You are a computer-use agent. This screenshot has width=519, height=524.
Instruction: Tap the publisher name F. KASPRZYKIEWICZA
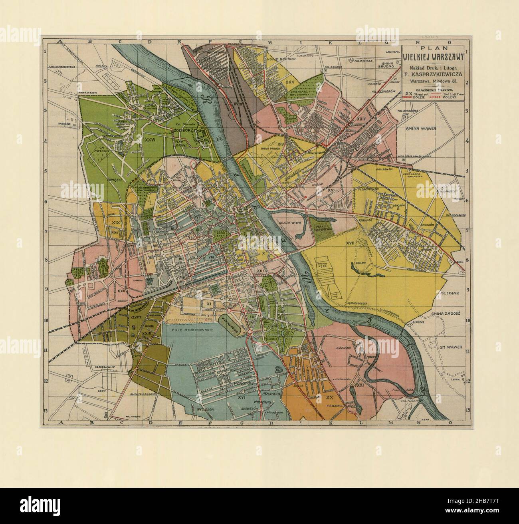[x=432, y=73]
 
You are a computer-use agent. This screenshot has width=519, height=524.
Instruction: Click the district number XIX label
[x=116, y=222]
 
